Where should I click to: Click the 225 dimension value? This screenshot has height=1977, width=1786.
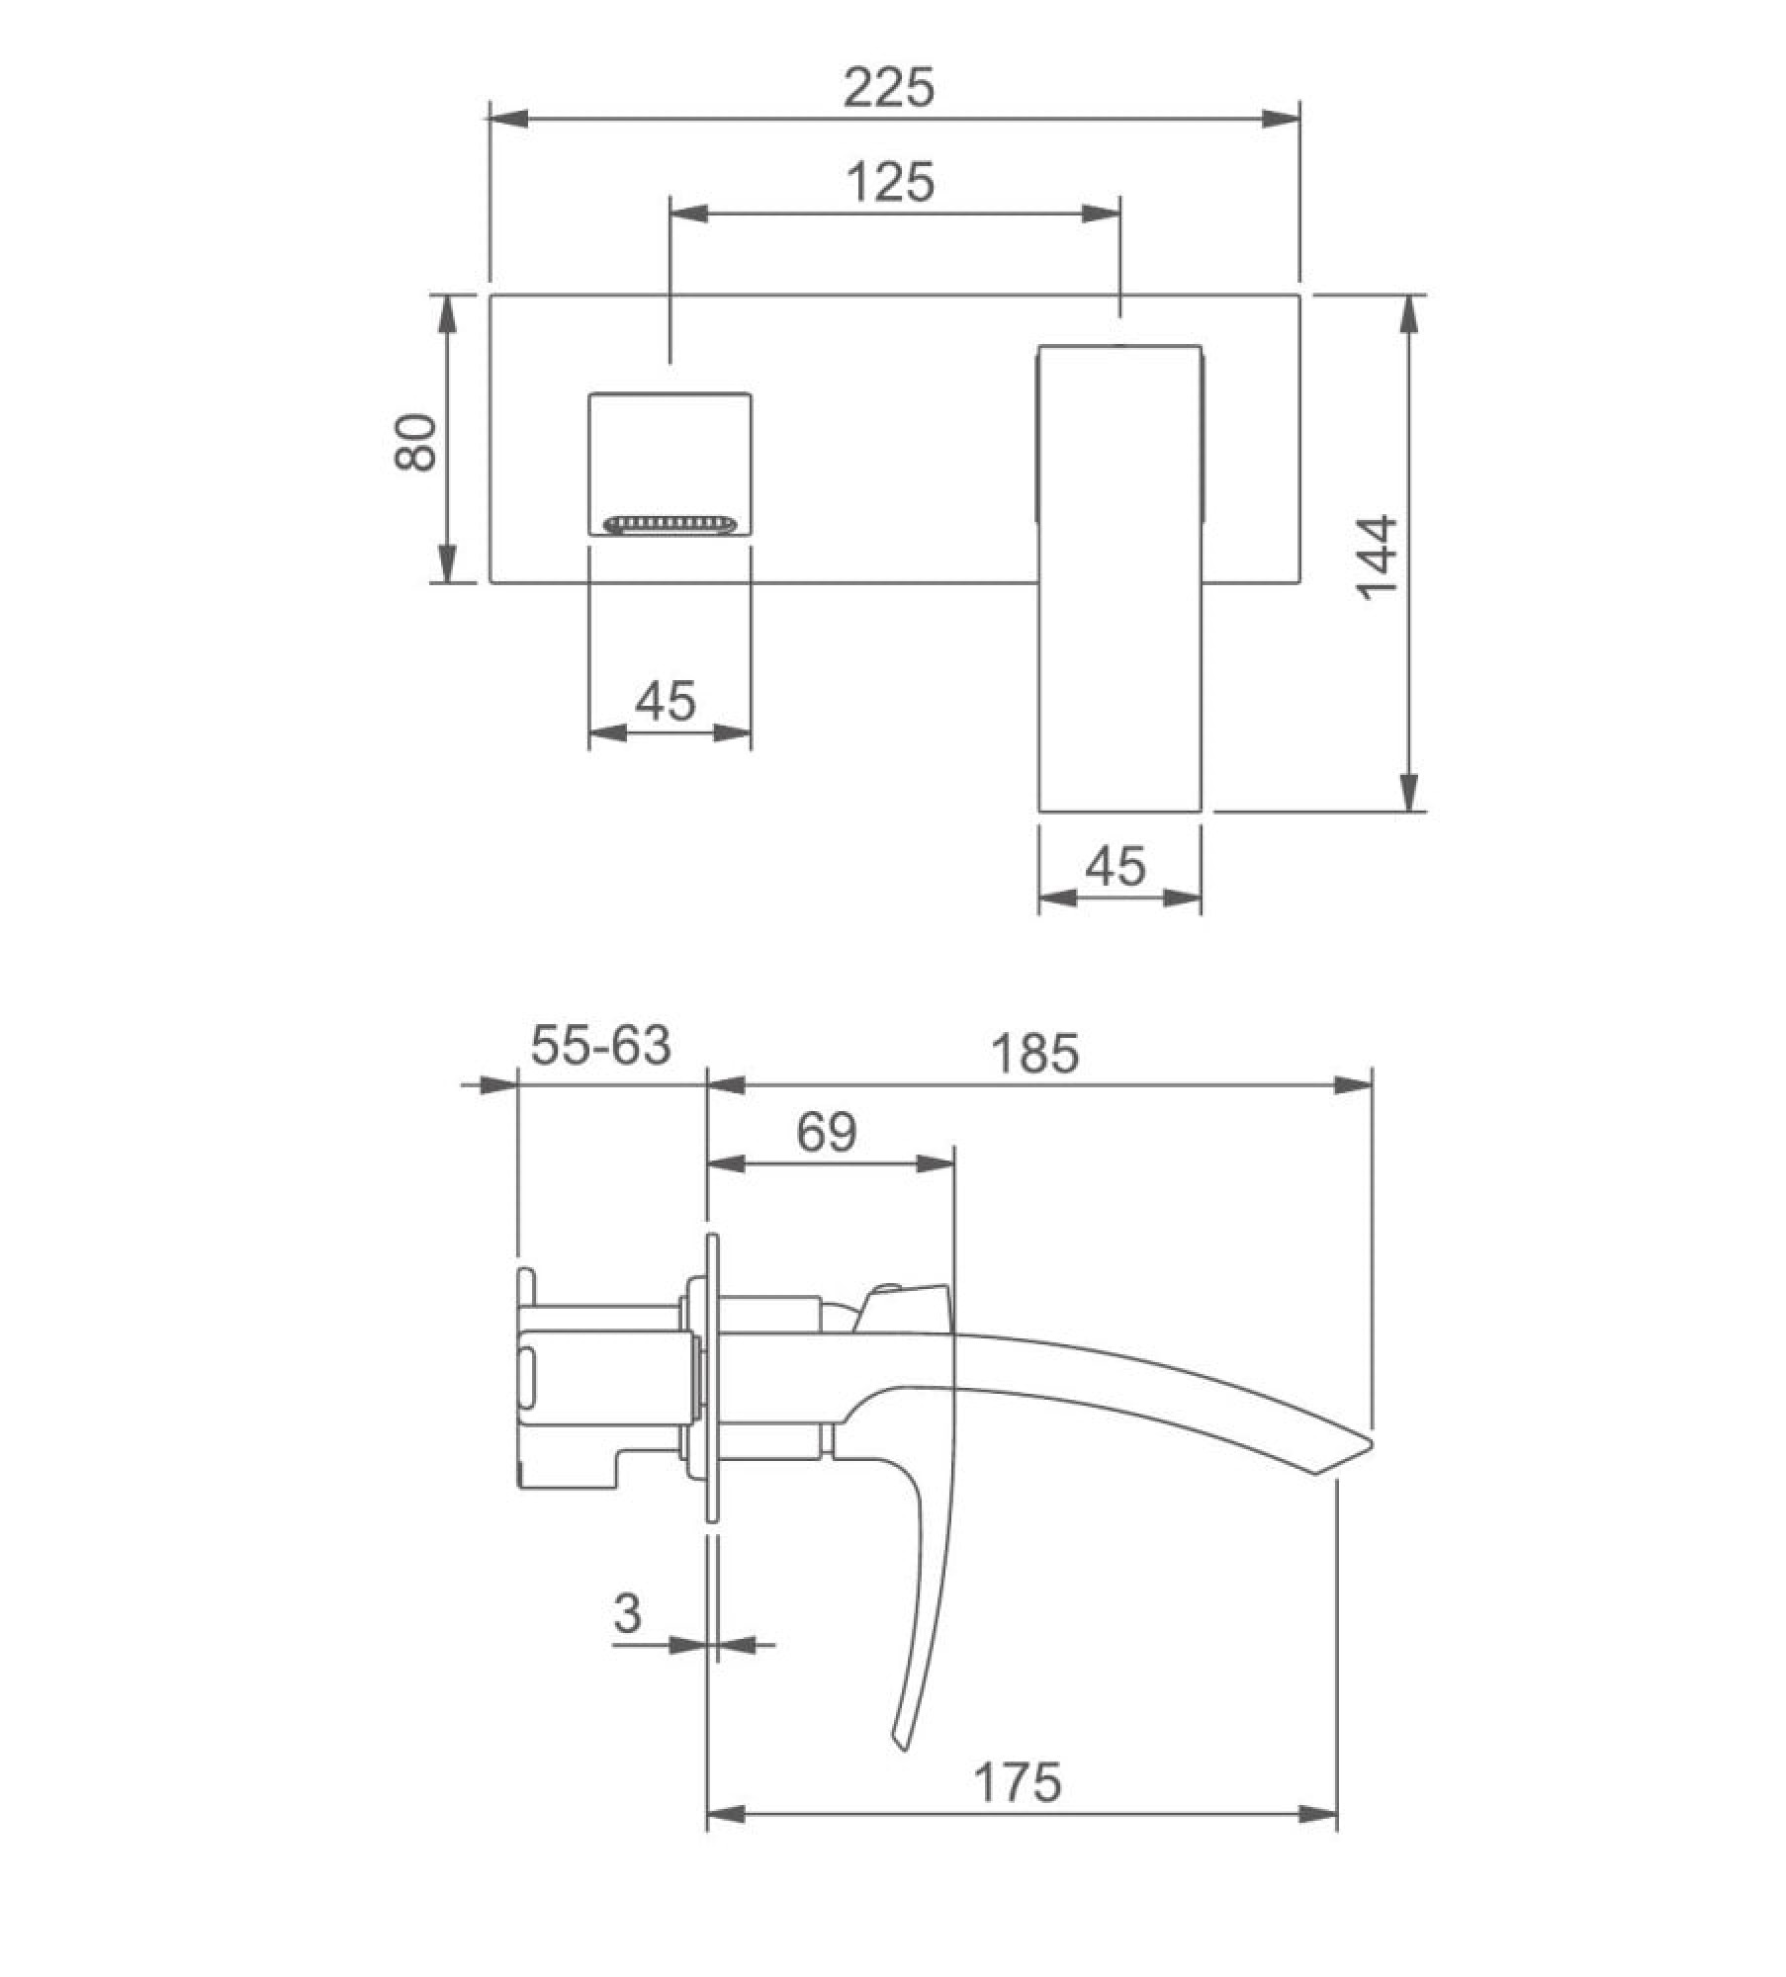click(x=889, y=88)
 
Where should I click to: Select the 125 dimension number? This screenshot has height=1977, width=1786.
click(x=891, y=183)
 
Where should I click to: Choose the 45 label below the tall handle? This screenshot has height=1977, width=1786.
click(x=1116, y=867)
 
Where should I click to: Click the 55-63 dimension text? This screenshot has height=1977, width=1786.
click(x=601, y=1046)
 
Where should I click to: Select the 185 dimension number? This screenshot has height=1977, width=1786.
click(x=1035, y=1054)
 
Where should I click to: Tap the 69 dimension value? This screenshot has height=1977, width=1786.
click(x=827, y=1133)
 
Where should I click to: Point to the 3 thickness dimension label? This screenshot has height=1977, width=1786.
click(x=628, y=1615)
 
